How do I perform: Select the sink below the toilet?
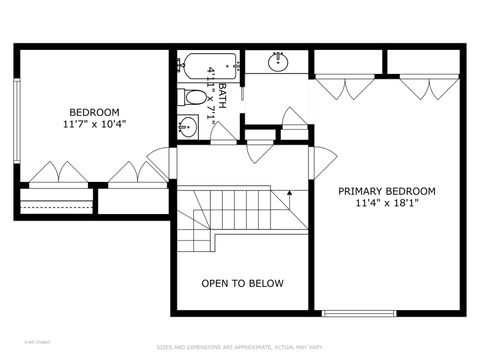point(188,127)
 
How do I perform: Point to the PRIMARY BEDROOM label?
point(386,191)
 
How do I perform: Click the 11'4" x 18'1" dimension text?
point(386,203)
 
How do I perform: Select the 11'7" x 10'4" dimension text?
point(94,124)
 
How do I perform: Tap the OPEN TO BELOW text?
point(242,284)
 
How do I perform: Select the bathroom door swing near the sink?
point(223,132)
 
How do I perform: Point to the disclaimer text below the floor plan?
point(240,347)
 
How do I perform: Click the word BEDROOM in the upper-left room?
point(94,112)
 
